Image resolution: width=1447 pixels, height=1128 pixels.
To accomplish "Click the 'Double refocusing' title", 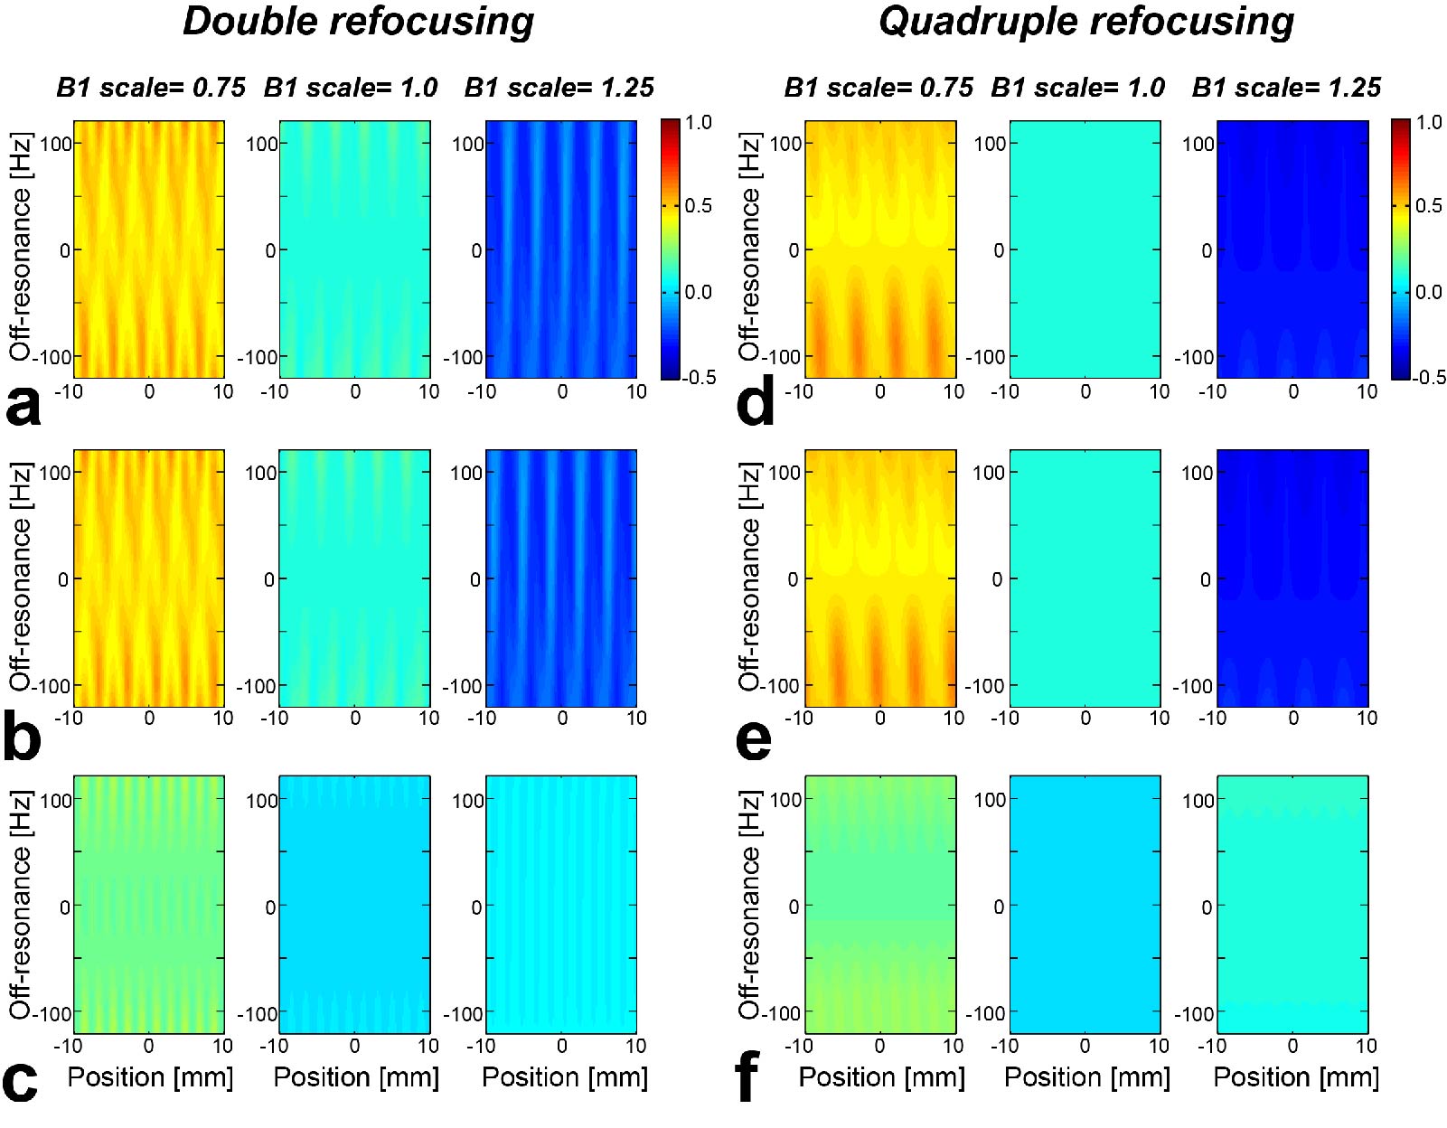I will point(358,22).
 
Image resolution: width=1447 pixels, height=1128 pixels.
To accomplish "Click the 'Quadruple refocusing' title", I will point(1085,22).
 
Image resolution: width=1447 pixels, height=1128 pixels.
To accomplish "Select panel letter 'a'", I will point(23,406).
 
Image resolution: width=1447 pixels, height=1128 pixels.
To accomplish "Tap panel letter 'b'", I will point(23,737).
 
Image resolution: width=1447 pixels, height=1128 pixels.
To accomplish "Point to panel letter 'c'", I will point(20,1079).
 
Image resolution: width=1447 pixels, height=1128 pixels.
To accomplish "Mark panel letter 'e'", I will point(754,738).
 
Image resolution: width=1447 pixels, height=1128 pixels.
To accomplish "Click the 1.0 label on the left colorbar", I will point(698,122).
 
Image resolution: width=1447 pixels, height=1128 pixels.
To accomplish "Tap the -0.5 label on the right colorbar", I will point(1427,377).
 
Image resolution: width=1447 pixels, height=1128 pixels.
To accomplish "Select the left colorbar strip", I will point(670,249).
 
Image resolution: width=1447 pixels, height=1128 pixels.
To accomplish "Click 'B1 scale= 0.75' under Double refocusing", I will point(151,88).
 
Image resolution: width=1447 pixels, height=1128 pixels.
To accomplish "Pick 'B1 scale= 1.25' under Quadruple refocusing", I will point(1286,88).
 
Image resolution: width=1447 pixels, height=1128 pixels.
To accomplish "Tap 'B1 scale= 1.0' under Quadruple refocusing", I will point(1077,88).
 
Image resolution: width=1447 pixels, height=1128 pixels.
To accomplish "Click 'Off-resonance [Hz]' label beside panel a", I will point(21,247).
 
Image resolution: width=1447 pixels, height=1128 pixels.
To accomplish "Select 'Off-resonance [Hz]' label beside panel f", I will point(749,905).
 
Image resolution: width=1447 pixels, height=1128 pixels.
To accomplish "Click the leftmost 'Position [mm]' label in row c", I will point(150,1077).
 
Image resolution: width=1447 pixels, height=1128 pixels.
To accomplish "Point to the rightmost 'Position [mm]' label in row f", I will point(1296,1077).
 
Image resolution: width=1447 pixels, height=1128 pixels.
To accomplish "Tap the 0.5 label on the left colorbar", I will point(698,206).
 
